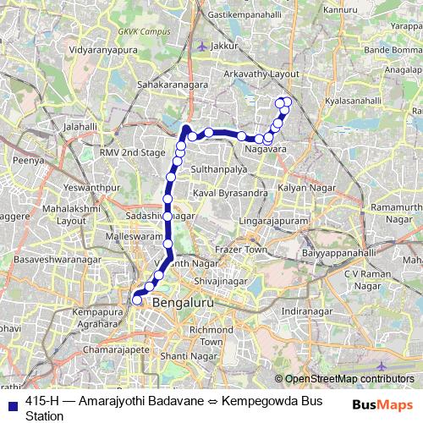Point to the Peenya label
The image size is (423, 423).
tap(28, 158)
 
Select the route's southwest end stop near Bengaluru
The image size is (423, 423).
tap(136, 299)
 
